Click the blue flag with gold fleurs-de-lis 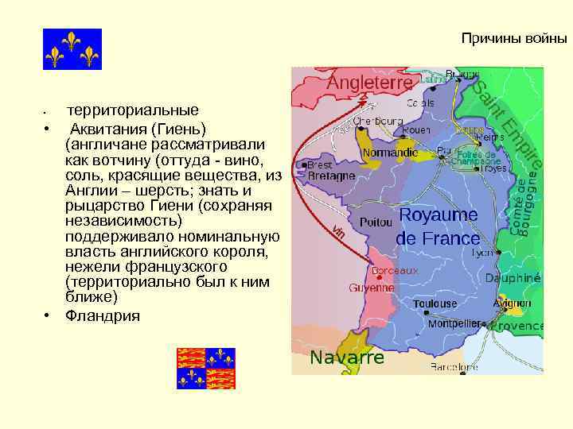72,49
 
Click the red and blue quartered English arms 206,368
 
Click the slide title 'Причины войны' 514,37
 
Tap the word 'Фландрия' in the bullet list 103,316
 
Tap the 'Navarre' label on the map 347,357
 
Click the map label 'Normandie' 390,152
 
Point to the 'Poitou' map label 376,223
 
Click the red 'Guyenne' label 372,288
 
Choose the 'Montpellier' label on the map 457,324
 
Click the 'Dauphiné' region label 514,279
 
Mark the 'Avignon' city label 513,303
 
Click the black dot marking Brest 302,165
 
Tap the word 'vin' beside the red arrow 338,231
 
